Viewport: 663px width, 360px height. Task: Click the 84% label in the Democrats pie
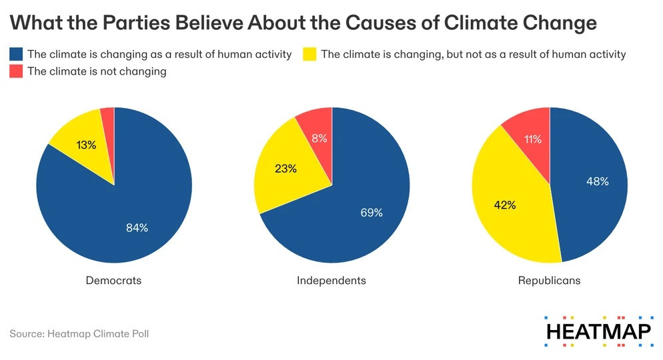coord(137,227)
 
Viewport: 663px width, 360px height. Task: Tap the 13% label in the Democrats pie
coord(86,145)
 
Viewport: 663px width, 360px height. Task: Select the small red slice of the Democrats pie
coord(108,117)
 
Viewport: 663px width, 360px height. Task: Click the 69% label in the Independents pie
coord(372,213)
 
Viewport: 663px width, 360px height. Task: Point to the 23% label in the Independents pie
coord(285,169)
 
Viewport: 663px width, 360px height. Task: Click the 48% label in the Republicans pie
coord(597,181)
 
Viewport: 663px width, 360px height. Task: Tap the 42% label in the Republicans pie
coord(505,205)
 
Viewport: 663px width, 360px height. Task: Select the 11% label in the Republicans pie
coord(532,139)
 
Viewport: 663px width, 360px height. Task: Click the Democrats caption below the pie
coord(113,281)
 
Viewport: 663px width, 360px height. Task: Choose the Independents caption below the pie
coord(331,281)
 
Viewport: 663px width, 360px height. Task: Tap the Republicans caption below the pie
coord(549,281)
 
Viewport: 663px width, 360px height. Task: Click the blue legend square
coord(16,54)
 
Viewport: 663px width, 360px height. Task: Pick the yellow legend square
coord(309,54)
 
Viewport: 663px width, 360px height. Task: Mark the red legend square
coord(16,71)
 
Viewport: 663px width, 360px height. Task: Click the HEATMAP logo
coord(598,331)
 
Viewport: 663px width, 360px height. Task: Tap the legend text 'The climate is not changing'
coord(97,71)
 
